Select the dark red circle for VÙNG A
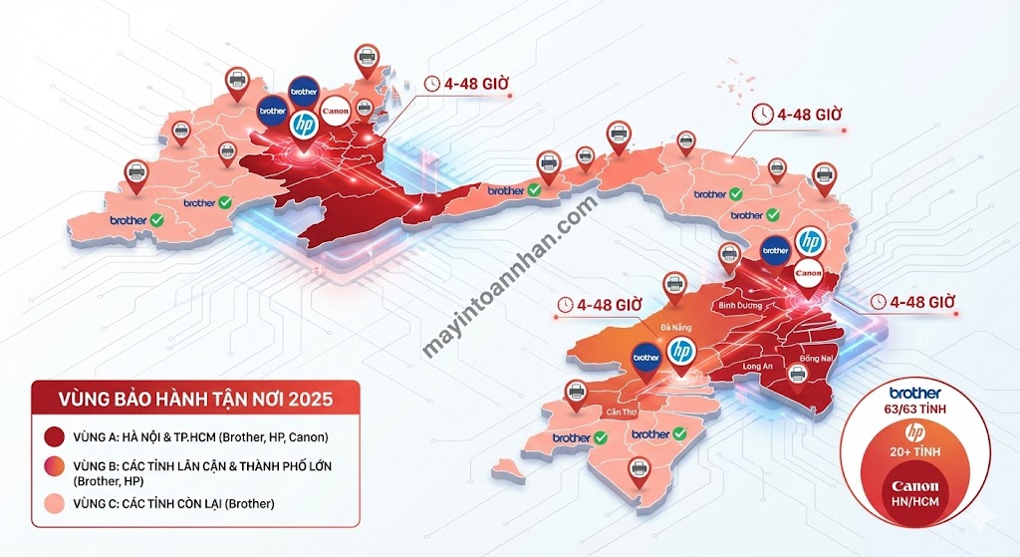click(53, 436)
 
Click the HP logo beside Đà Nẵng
click(682, 352)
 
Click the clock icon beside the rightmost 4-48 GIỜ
click(878, 301)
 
